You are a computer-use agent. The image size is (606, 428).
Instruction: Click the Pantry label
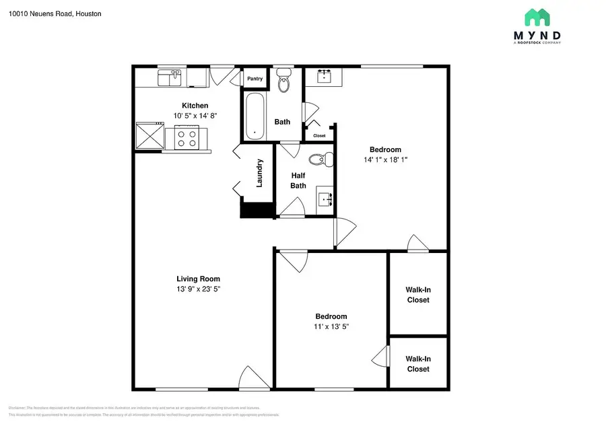(x=255, y=79)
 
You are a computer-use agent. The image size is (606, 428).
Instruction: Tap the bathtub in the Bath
(x=255, y=116)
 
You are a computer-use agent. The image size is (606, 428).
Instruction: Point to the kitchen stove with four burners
(x=187, y=138)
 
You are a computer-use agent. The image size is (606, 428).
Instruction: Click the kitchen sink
(x=170, y=79)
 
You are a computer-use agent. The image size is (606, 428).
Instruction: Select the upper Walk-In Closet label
(x=417, y=295)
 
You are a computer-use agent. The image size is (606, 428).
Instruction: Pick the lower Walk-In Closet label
(x=417, y=364)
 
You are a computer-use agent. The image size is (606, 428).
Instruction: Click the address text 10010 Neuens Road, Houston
(x=56, y=13)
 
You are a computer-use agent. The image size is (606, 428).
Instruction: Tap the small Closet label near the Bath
(x=319, y=135)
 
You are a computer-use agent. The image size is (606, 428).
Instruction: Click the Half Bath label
(x=298, y=180)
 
